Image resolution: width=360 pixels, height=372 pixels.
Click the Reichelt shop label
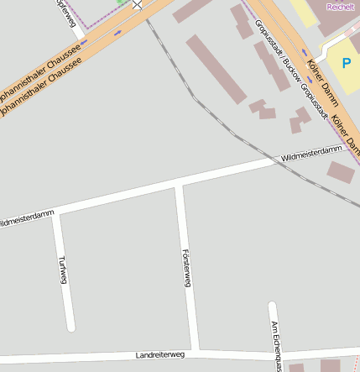click(x=340, y=6)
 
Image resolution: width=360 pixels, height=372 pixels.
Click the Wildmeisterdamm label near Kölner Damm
click(x=312, y=153)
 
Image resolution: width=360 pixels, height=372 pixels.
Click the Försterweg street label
click(x=186, y=268)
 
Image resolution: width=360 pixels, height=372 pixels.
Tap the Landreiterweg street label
click(x=159, y=355)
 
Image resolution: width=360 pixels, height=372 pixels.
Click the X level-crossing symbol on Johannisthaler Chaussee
click(x=138, y=4)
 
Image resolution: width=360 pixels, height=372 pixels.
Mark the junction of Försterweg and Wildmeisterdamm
click(x=179, y=184)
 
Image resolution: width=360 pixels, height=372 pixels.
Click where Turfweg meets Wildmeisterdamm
click(x=55, y=212)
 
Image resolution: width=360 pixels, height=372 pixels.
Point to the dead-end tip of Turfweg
click(x=71, y=327)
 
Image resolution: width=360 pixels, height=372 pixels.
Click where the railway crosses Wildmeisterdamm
click(x=282, y=159)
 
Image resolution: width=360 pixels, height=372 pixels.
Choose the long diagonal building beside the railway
click(x=216, y=69)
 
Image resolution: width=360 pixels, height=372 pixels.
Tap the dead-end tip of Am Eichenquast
click(x=270, y=305)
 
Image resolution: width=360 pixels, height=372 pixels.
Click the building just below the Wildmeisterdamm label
click(x=340, y=172)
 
